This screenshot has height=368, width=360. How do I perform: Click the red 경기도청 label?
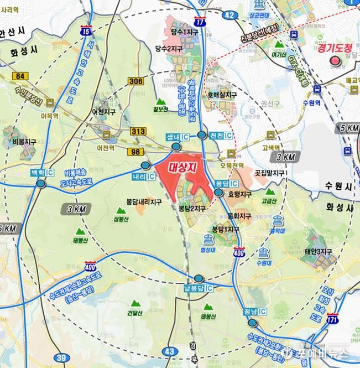(335, 48)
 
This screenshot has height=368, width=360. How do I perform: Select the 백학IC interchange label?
(41, 173)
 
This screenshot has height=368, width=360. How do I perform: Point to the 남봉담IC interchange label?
(199, 288)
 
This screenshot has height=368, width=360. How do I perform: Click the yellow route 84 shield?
(22, 75)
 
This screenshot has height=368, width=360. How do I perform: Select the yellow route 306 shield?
(135, 81)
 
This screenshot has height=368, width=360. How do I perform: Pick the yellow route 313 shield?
(138, 131)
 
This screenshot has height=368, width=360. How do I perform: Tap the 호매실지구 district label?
(222, 95)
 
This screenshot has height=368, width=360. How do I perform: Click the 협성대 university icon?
(208, 239)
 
